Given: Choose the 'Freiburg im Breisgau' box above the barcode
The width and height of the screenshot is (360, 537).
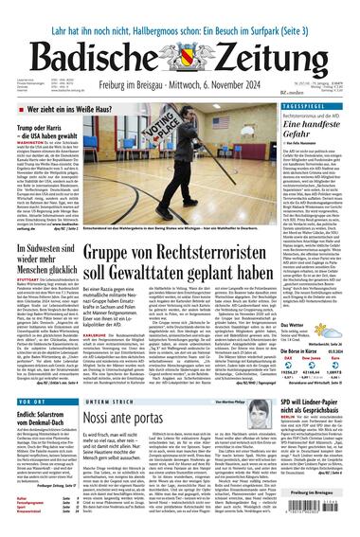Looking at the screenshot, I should tap(322, 492).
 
